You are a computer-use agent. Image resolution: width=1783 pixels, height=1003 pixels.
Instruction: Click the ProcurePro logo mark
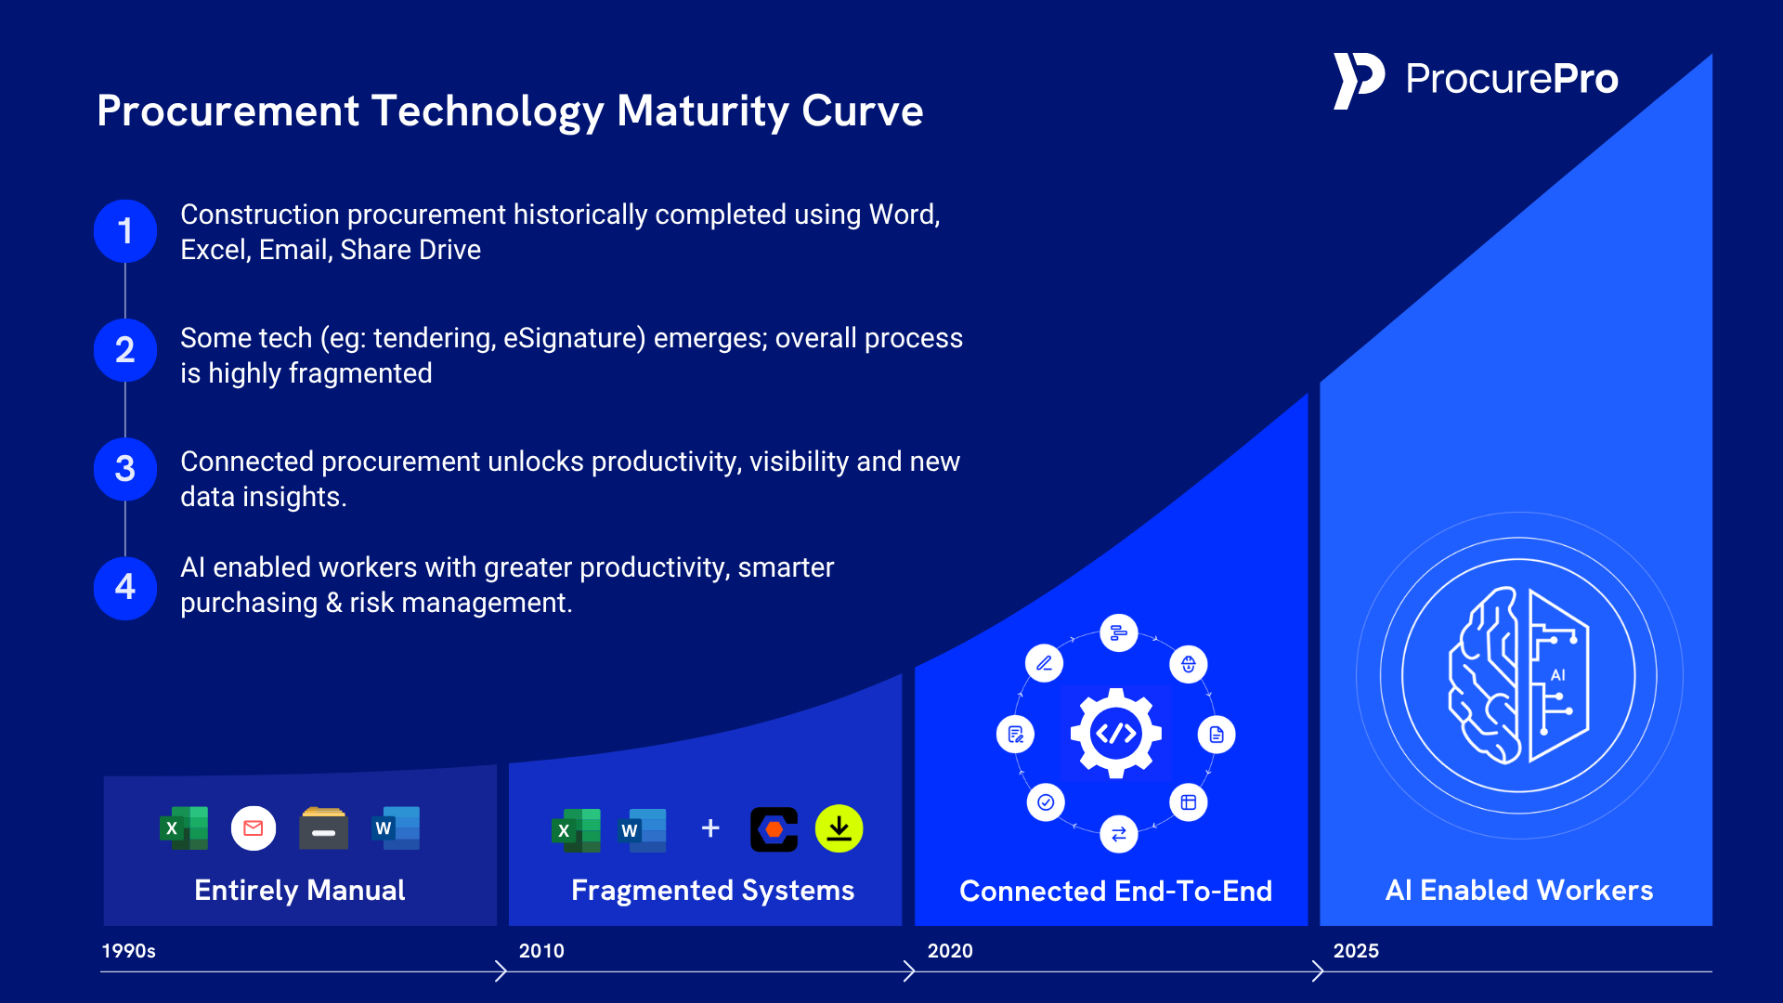coord(1358,81)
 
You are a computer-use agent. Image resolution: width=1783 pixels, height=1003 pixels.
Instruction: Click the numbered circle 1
coord(125,231)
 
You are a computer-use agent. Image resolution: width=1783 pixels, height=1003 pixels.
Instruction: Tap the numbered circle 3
coord(125,469)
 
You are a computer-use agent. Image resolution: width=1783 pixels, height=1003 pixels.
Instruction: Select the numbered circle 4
coord(125,588)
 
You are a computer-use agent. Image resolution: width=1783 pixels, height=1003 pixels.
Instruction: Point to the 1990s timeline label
coord(128,951)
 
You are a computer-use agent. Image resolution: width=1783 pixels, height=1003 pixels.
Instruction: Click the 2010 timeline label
coord(541,951)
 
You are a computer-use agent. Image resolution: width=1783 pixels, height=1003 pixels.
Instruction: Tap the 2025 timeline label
coord(1356,951)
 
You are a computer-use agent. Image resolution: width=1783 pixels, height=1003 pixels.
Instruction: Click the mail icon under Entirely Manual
coord(254,828)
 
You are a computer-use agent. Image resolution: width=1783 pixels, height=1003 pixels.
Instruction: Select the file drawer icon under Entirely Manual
coord(323,828)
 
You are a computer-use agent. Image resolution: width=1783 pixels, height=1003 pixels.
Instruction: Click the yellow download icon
coord(839,828)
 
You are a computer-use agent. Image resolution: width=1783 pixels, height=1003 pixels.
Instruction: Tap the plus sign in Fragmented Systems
coord(710,828)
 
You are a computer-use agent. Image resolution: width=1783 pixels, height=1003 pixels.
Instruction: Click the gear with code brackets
coord(1116,734)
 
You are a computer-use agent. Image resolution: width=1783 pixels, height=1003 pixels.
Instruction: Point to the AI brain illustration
coord(1519,675)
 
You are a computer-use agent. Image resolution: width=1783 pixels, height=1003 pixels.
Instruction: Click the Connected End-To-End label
coord(1115,891)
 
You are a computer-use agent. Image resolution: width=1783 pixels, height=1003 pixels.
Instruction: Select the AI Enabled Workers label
coord(1519,890)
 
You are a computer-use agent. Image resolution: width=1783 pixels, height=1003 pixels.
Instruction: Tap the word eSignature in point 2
coord(574,338)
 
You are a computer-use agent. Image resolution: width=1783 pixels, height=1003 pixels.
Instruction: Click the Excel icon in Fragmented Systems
coord(576,829)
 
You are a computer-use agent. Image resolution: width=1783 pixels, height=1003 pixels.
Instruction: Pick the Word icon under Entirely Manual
coord(397,828)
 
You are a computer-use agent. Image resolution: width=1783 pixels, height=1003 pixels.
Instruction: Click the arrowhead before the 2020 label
coord(909,971)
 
